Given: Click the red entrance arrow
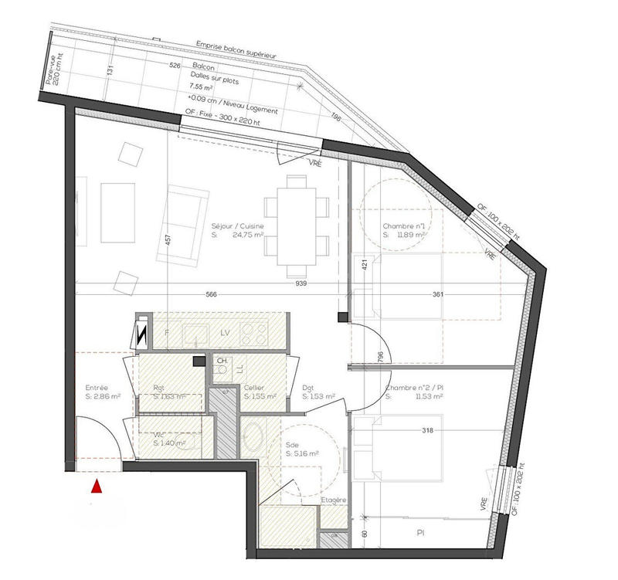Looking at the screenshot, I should pos(97,487).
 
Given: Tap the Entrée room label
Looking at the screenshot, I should pos(96,388).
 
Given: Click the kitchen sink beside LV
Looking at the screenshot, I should pos(193,334).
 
